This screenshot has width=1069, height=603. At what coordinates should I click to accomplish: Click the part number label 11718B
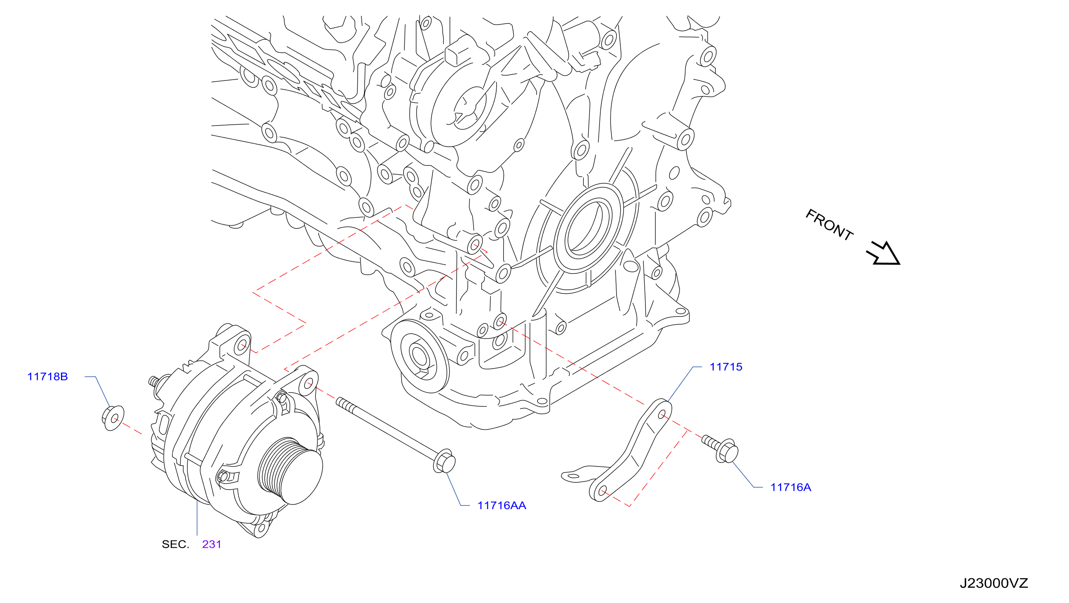click(47, 377)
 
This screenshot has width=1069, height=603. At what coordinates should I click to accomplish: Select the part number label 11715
click(726, 367)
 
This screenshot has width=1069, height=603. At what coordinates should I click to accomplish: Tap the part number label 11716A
click(791, 487)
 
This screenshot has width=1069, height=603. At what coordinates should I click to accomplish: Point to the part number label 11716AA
click(502, 505)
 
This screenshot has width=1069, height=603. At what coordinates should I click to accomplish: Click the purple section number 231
click(212, 544)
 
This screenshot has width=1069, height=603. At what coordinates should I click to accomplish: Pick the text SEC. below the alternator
click(175, 544)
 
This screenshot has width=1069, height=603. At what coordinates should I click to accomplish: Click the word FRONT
click(829, 224)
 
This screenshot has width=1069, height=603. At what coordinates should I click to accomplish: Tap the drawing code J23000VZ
click(993, 583)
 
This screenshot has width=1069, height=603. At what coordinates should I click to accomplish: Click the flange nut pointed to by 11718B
click(113, 418)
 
